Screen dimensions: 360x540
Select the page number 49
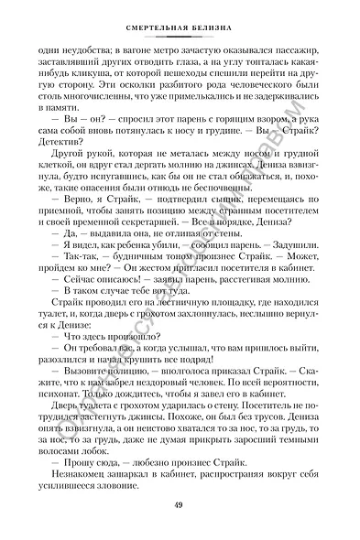coord(180,507)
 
